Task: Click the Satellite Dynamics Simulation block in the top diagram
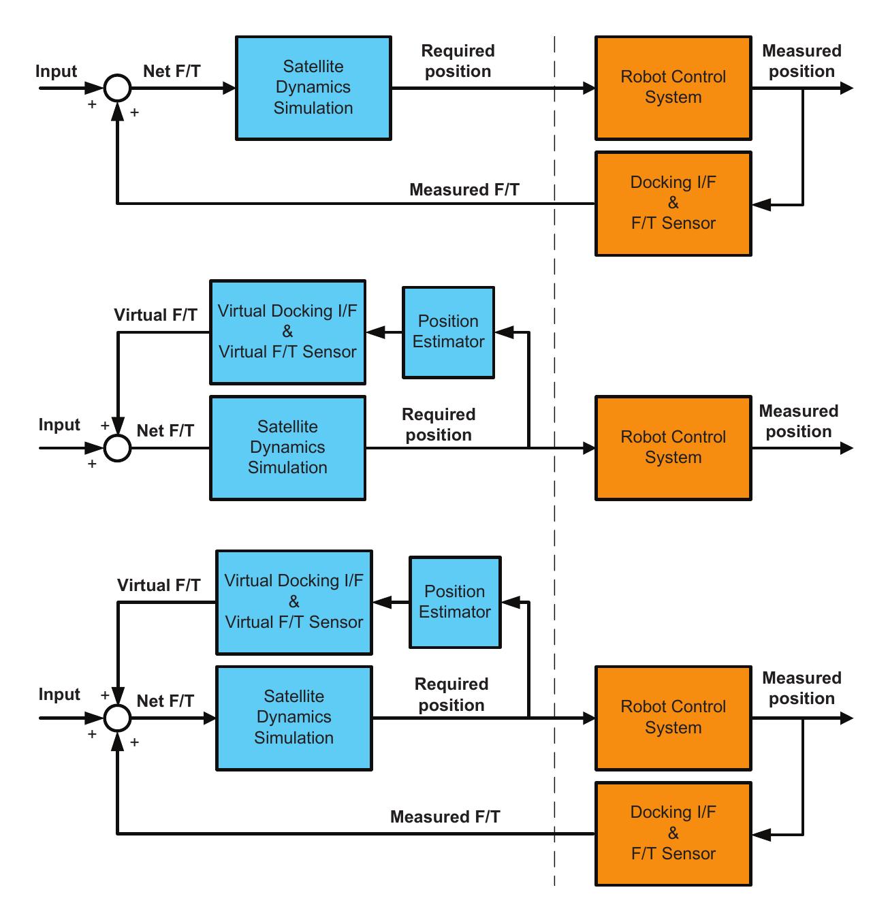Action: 313,88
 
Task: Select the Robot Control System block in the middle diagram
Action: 673,447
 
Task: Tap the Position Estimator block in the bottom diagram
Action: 455,602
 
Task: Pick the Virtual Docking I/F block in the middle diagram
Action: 287,332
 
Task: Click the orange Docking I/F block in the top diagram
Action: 673,203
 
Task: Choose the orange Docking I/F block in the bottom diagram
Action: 673,833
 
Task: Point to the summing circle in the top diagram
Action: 117,88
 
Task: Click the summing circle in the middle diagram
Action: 117,448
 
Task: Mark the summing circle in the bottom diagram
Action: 117,718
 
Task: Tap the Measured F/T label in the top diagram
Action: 464,190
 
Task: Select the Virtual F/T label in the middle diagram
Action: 156,315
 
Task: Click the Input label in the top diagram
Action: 56,71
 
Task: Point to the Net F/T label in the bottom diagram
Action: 165,701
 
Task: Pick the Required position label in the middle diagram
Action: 439,424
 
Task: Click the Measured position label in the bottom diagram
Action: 801,688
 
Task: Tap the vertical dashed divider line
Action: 554,460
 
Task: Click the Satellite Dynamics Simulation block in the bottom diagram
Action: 293,718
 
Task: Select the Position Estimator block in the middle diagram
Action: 448,332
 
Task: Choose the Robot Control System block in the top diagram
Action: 673,88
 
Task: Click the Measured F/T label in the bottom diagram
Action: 445,816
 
